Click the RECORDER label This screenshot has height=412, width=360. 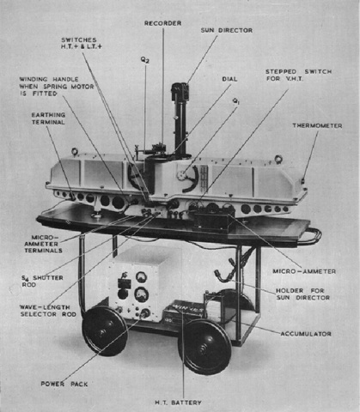pos(162,23)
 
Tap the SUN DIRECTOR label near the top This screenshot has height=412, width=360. pos(227,30)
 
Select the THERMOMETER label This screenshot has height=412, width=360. pos(317,125)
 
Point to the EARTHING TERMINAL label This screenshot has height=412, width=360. pos(48,118)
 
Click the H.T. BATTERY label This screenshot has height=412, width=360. pos(178,403)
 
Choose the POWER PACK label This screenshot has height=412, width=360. pos(64,384)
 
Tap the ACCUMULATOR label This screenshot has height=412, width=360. pos(306,334)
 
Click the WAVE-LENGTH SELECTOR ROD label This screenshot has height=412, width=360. pos(48,311)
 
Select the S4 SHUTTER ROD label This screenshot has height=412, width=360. pos(42,281)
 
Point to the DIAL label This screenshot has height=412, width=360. pos(229,79)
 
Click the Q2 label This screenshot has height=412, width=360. pos(145,60)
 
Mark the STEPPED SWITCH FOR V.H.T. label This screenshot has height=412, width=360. pos(299,75)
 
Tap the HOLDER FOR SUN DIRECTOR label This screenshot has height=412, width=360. pos(302,294)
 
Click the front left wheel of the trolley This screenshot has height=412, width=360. pos(104,331)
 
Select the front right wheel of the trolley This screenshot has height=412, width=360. pos(204,347)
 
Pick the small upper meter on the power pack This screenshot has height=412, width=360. pos(141,276)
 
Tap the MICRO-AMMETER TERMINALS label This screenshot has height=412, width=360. pos(43,244)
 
